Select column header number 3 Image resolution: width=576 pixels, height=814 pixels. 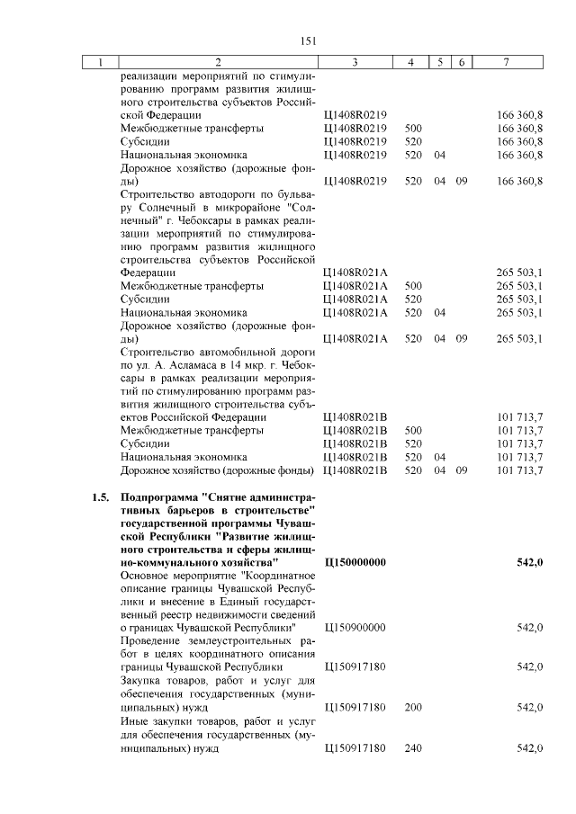(355, 62)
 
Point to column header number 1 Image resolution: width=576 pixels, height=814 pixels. (101, 62)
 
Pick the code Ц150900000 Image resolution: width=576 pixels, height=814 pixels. (354, 627)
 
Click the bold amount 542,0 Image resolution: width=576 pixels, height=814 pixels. (529, 562)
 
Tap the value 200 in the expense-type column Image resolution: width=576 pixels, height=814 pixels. (413, 708)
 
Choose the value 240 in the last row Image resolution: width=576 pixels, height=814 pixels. (413, 748)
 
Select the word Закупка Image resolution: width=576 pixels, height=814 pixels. (141, 681)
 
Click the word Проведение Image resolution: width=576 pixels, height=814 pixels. (152, 640)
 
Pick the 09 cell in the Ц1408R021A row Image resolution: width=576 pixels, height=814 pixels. (461, 338)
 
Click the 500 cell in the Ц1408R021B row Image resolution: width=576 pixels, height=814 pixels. (413, 430)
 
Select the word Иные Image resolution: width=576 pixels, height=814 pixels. (136, 721)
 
